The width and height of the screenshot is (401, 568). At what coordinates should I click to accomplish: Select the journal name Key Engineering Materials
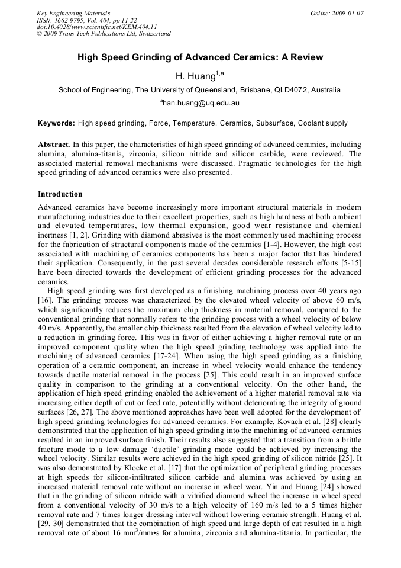point(73,12)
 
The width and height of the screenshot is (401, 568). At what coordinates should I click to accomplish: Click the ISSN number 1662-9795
point(70,20)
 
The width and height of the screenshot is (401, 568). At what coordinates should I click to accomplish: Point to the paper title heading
point(200,57)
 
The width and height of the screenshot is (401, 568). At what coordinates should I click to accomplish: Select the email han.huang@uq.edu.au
point(201,102)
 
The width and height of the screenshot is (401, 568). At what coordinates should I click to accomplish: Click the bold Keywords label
point(56,123)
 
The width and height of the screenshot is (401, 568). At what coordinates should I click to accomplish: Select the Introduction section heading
point(60,194)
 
